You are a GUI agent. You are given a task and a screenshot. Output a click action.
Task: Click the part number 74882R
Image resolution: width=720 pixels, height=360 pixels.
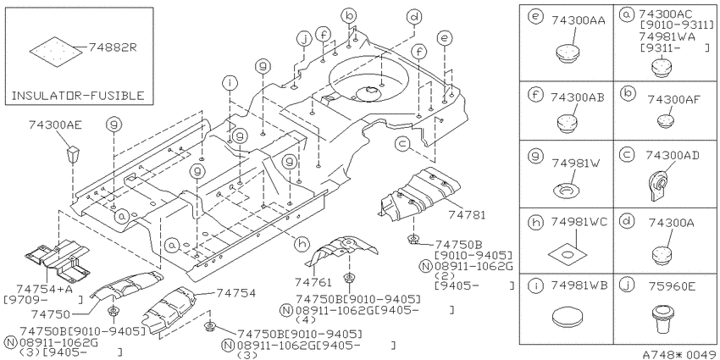coord(113,47)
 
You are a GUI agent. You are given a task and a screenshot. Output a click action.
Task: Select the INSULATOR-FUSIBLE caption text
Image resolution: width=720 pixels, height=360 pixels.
coord(78,96)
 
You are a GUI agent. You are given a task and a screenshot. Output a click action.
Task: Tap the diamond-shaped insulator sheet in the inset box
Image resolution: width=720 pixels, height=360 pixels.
coord(57,52)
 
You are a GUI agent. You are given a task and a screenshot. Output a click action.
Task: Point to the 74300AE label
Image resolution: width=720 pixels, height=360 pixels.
coord(55,125)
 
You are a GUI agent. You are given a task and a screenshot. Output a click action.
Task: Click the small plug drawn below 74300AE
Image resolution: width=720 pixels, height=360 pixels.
coord(73,155)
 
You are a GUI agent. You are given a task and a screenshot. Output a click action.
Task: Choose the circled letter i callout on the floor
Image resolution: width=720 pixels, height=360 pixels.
coord(230,83)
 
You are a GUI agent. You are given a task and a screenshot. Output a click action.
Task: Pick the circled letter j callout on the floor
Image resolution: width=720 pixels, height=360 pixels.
coord(303,40)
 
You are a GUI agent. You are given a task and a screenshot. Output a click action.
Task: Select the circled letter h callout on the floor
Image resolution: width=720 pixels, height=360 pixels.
coord(302,245)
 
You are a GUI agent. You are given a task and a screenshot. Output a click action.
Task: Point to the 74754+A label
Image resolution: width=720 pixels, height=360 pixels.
coord(41,289)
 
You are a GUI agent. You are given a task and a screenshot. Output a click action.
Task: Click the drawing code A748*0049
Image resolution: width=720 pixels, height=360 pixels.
coord(680,354)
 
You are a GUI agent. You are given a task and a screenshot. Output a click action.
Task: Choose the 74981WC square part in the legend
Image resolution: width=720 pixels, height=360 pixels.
coord(568,254)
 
